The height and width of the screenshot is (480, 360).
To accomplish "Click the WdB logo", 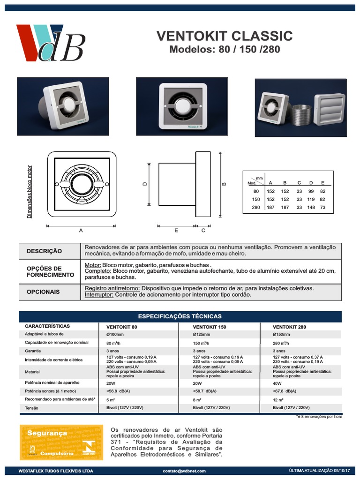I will coord(51,43).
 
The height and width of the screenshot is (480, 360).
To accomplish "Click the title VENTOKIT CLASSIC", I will coord(224,36).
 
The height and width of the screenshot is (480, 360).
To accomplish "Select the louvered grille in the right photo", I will coord(329,110).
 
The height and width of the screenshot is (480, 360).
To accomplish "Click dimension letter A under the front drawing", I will coord(81,231).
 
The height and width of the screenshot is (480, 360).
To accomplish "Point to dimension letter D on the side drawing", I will coord(145,184).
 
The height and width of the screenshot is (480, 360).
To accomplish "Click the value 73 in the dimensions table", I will coord(322,207).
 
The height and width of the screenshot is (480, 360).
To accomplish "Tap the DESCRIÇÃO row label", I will coord(44,251).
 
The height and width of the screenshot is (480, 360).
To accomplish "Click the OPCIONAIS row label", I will coord(43,292).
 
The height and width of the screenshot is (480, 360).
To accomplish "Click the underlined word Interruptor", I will coord(99,295).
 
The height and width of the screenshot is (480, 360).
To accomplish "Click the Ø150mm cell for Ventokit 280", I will coord(281,334).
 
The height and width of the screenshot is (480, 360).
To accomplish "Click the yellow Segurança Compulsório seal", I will coord(61,442).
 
